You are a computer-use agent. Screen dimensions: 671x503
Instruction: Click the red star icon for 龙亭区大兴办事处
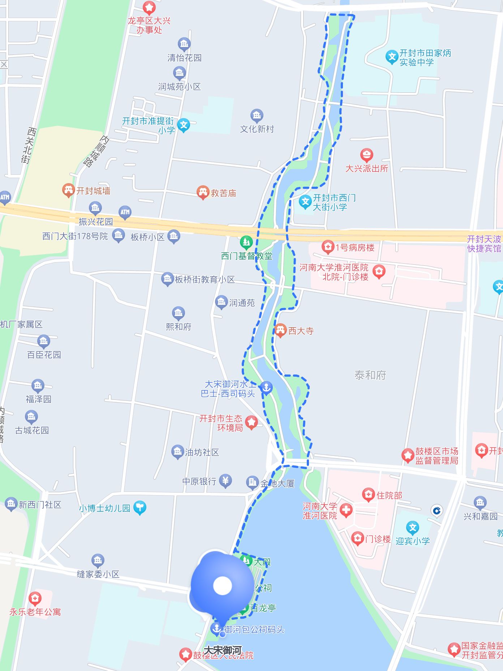tap(149, 7)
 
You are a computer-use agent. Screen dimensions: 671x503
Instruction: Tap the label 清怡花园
tap(184, 58)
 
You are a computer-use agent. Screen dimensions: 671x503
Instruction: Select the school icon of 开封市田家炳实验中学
tap(391, 57)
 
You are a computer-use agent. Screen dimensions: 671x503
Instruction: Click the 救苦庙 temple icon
tap(203, 192)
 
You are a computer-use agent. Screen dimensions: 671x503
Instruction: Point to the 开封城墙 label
tap(93, 191)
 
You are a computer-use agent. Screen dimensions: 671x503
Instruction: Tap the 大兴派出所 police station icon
tap(366, 155)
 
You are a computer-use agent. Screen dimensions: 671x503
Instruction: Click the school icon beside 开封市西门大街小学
tap(305, 202)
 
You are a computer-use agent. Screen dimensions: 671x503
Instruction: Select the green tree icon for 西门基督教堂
tap(246, 242)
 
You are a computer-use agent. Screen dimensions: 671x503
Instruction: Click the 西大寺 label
tap(301, 331)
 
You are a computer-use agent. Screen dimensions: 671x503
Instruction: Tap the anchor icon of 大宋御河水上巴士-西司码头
tap(266, 388)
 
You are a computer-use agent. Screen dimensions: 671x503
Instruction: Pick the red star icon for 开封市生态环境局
tap(251, 422)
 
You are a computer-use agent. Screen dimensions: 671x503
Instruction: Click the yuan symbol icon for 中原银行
tap(225, 481)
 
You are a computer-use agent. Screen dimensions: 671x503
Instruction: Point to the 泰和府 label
tap(370, 375)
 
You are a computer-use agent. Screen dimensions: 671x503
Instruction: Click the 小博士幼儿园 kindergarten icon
tap(139, 507)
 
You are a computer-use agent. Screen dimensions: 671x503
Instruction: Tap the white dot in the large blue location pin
tap(222, 586)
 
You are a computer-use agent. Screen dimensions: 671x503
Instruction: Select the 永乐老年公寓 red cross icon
tap(35, 599)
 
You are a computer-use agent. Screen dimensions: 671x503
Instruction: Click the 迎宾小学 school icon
tap(412, 528)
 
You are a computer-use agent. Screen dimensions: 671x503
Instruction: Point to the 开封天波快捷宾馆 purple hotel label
tap(484, 244)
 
